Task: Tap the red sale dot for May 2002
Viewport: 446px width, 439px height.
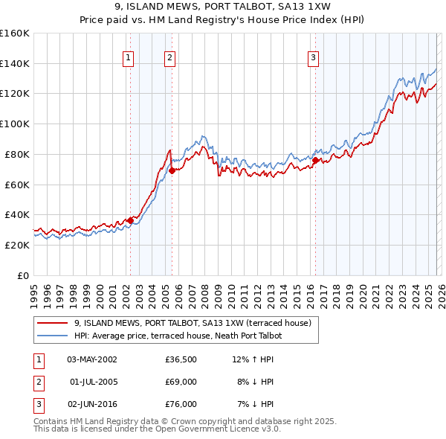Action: tap(130, 219)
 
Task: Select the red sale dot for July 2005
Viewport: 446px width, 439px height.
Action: tap(172, 170)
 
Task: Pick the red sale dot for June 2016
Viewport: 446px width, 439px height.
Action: tap(315, 160)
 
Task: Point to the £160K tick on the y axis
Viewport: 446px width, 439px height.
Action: tap(15, 33)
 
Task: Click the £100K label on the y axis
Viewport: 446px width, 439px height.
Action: tap(15, 124)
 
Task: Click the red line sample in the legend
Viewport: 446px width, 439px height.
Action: tap(54, 323)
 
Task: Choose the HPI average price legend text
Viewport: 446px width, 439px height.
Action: tap(178, 336)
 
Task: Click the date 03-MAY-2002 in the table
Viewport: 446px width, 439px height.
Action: tap(92, 359)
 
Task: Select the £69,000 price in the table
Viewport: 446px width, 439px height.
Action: tap(181, 382)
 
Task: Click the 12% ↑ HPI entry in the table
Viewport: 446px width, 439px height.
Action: tap(253, 359)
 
